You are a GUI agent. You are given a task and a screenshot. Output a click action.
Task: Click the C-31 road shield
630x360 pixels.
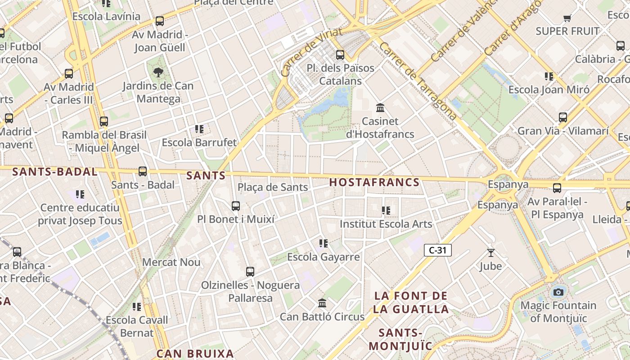[x=437, y=250]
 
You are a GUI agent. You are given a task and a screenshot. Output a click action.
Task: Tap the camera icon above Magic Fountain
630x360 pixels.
[x=558, y=292]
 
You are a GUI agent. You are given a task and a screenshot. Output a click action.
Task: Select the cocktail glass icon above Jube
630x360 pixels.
[x=490, y=253]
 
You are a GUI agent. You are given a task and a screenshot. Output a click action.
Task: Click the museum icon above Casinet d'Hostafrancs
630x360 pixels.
[x=380, y=108]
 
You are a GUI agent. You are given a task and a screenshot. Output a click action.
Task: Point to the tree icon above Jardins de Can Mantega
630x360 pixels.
[x=158, y=72]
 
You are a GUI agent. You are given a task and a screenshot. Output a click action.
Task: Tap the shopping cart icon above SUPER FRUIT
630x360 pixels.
[x=567, y=18]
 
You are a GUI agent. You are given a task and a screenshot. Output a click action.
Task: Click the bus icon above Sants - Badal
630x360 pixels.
[x=143, y=171]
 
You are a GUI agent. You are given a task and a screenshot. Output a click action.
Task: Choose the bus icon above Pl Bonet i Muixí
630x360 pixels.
[x=235, y=206]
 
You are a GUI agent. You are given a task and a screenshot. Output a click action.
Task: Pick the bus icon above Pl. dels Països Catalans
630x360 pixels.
[x=340, y=55]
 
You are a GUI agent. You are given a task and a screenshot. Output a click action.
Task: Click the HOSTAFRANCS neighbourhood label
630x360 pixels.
[x=374, y=183]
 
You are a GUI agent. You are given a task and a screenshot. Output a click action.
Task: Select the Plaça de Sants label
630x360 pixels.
[x=273, y=187]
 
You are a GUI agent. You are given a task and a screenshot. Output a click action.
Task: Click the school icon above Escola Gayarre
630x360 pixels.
[x=323, y=244]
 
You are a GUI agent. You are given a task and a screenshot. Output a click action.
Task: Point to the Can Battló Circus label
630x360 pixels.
[x=322, y=317]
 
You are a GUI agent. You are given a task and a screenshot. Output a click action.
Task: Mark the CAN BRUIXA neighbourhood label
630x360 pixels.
[x=195, y=354]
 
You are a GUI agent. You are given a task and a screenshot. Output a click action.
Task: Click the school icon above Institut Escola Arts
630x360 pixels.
[x=386, y=211]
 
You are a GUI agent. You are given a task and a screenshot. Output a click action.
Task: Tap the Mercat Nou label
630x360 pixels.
[x=171, y=262]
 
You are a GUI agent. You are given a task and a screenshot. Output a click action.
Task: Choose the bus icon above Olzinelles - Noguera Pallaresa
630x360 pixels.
[x=250, y=272]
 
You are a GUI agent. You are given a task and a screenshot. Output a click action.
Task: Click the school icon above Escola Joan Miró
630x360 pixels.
[x=549, y=76]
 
